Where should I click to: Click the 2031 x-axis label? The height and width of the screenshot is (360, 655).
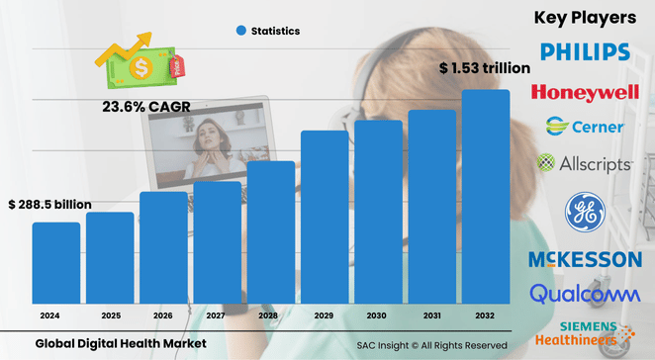click(432, 315)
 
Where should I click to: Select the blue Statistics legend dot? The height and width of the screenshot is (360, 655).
click(240, 31)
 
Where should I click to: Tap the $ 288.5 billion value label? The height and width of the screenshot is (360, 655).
click(49, 205)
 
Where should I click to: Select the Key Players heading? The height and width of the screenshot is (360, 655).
click(584, 17)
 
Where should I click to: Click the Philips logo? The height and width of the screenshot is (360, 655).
click(584, 52)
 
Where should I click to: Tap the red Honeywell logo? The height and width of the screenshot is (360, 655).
click(584, 92)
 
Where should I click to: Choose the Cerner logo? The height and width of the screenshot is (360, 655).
click(584, 127)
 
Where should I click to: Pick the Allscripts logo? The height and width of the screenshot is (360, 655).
click(584, 161)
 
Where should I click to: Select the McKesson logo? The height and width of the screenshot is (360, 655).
click(584, 259)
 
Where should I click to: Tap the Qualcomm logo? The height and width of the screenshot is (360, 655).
click(584, 294)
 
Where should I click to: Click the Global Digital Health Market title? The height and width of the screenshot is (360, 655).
click(121, 343)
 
